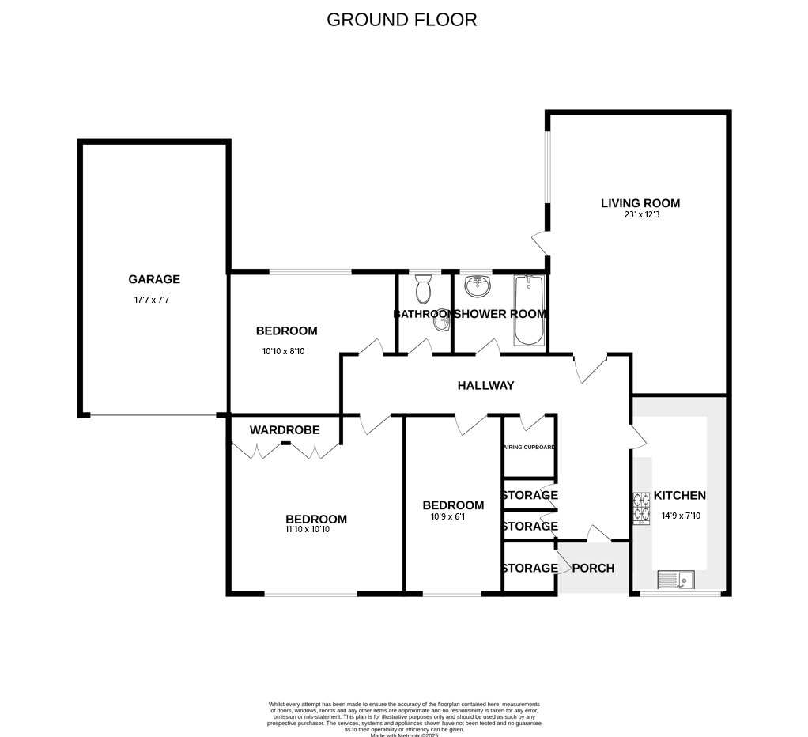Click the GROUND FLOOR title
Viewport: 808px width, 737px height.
402,20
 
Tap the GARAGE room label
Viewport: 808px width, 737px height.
154,279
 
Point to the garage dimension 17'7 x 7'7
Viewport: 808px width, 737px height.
152,300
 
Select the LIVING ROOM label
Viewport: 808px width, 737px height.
640,203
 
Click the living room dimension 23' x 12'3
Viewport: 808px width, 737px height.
640,214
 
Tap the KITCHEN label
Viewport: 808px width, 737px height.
679,496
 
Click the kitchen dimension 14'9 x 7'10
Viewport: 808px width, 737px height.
679,516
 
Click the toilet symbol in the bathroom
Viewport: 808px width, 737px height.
424,289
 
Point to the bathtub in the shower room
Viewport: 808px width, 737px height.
528,310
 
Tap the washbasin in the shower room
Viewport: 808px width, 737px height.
478,285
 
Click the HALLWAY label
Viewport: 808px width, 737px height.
485,386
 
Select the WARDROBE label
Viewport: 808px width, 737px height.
285,430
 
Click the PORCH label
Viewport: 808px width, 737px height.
593,568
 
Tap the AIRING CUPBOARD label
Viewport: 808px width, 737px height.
530,448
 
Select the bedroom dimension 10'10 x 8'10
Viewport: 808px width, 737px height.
283,351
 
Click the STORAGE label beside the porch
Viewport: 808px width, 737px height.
530,568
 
